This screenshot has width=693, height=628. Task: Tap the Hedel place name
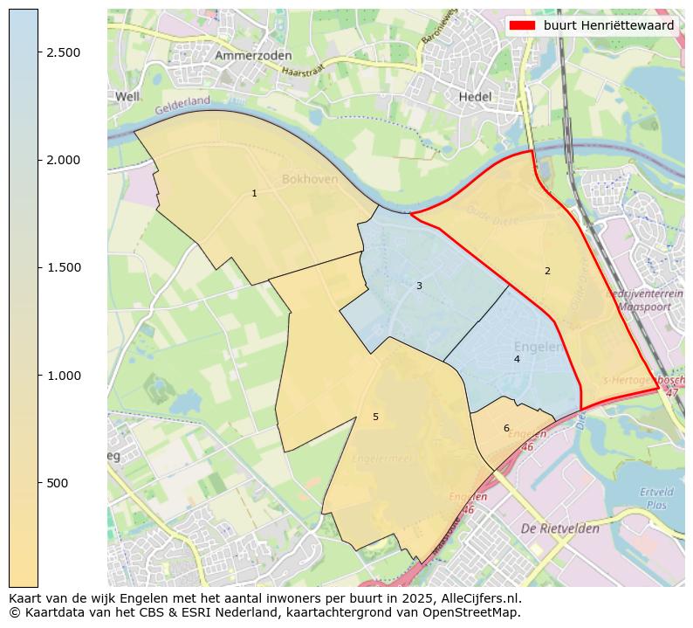point(476,97)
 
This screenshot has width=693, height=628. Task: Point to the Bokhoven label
point(311,179)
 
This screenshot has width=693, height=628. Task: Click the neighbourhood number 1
point(254,193)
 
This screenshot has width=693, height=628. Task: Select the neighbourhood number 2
point(547,271)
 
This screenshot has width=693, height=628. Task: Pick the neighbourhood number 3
point(419,286)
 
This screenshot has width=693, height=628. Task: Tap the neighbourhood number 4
point(517,359)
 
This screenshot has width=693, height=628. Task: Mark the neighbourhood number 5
point(375,417)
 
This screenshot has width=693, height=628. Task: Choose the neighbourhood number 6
point(506,428)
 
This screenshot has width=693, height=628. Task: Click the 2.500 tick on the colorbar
point(64,52)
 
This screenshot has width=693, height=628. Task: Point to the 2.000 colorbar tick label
point(64,160)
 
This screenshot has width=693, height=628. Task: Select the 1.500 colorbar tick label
point(64,267)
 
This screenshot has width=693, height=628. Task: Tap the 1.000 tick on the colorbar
point(64,376)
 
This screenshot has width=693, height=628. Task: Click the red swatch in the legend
point(522,25)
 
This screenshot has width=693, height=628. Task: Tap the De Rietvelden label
point(559,529)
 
